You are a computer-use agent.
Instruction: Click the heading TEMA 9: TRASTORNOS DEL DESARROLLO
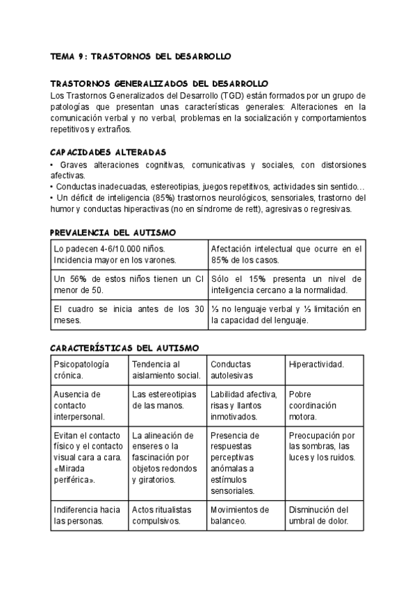(x=141, y=56)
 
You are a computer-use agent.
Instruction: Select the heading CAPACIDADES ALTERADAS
(x=108, y=152)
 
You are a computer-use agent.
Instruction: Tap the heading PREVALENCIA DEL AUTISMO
(x=113, y=232)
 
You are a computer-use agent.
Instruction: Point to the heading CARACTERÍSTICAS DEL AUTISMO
(x=125, y=348)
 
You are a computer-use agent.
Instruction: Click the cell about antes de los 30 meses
(x=129, y=315)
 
